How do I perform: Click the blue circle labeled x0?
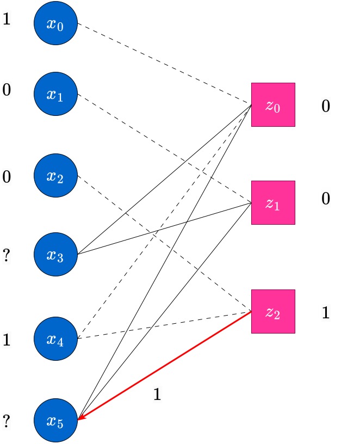coord(56,23)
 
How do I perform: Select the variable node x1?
coord(56,94)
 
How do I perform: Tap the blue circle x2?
coord(56,176)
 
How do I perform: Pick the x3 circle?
coord(56,254)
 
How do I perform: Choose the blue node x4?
coord(56,338)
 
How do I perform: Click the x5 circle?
coord(56,420)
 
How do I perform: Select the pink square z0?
coord(273,105)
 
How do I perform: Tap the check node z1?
coord(273,203)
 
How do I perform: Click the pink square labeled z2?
coord(273,311)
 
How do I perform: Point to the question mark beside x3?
coord(7,255)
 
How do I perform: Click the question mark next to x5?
coord(7,421)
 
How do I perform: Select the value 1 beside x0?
coord(7,19)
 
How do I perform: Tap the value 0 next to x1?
coord(7,90)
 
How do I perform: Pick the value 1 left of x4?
coord(7,340)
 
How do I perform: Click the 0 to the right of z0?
coord(326,106)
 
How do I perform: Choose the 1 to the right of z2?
coord(326,313)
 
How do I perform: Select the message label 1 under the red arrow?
coord(157,394)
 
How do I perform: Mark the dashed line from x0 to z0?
coord(164,64)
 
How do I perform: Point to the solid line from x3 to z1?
coord(164,229)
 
